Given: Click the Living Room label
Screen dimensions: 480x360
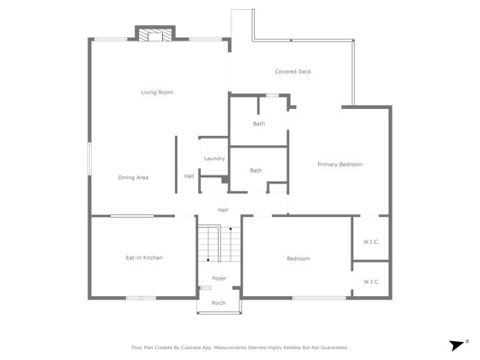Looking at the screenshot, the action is [x=157, y=93].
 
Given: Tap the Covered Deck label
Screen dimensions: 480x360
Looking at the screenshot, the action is [x=293, y=72].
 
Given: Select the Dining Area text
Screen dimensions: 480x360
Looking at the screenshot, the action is [x=133, y=177].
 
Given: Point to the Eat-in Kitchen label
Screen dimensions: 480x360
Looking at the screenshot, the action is [x=144, y=257].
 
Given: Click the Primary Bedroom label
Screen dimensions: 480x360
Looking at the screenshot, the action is [x=340, y=164].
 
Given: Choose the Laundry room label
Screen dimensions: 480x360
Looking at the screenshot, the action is [x=214, y=158].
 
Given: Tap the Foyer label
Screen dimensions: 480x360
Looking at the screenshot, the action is [x=219, y=278].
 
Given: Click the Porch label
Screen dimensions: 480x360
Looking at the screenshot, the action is [x=219, y=302].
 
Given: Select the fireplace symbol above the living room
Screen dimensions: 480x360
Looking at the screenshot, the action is [x=155, y=34].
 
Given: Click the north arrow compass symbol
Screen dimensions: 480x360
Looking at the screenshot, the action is [x=457, y=345].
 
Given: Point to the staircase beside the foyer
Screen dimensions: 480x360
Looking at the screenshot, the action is [x=219, y=244].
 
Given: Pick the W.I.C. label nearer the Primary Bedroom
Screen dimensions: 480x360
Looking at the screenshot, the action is [x=371, y=242].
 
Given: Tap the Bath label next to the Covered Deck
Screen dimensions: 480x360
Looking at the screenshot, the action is [x=258, y=124].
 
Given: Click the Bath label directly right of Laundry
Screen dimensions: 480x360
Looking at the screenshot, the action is [x=256, y=171].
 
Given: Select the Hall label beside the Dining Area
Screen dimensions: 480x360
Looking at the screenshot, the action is [x=189, y=176].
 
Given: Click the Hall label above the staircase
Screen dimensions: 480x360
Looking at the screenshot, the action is [x=222, y=210].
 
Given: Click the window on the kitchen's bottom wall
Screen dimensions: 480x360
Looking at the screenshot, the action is [x=140, y=298].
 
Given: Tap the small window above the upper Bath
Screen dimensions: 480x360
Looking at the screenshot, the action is [x=272, y=95].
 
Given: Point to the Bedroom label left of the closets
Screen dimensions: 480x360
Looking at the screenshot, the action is [x=298, y=259].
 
